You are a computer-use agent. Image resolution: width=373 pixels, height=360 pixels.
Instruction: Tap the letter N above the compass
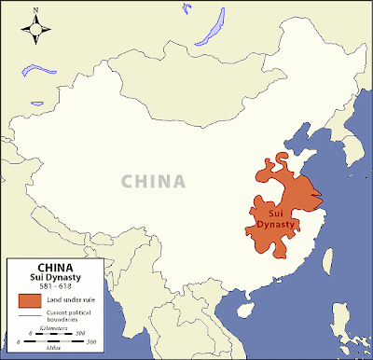point(35,12)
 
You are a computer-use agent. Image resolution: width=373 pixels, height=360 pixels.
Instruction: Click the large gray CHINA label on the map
point(155,180)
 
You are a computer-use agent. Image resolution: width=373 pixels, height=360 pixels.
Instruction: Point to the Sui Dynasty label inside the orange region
point(273,217)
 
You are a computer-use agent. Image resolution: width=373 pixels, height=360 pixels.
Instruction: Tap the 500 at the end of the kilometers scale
point(82,334)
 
